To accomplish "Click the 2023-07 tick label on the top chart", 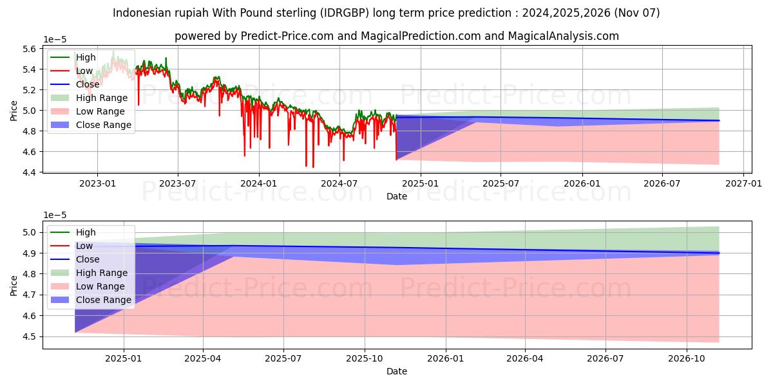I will (178, 183).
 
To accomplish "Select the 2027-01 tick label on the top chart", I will (743, 183).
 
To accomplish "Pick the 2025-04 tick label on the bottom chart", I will (204, 358).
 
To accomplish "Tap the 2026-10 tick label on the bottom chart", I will (687, 358).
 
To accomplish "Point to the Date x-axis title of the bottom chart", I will (397, 371).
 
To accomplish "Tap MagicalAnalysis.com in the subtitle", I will (564, 36).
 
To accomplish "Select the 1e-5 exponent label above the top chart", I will (55, 39).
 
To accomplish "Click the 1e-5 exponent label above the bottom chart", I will (55, 215).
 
